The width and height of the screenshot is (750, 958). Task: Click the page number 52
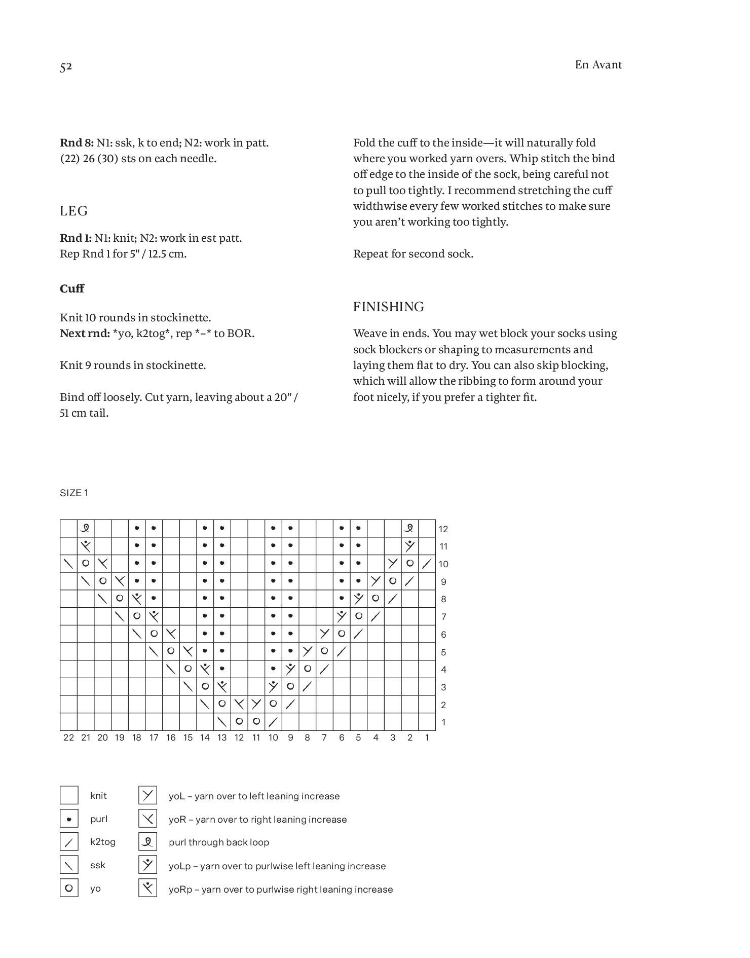[66, 67]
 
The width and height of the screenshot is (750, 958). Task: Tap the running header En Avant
[598, 65]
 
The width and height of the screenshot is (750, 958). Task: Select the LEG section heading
[74, 211]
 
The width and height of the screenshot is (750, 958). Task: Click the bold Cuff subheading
[72, 288]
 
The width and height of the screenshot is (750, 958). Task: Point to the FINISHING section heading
[388, 307]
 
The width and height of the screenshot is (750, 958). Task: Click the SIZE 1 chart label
[74, 493]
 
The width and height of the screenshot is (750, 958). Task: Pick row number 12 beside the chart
[443, 529]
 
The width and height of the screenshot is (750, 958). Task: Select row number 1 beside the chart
[443, 722]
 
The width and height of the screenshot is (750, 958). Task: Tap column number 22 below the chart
[69, 738]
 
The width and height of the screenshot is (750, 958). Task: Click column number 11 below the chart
[256, 738]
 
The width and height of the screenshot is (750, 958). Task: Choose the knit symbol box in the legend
[69, 795]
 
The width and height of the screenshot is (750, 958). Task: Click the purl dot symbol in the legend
[69, 819]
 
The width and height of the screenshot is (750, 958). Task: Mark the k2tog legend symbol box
[69, 842]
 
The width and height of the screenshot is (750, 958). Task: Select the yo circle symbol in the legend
[69, 888]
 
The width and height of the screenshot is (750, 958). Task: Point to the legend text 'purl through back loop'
[219, 842]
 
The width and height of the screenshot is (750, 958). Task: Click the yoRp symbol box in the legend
[147, 888]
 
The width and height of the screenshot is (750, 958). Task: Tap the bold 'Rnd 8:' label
[77, 142]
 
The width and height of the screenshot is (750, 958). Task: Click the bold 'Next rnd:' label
[84, 333]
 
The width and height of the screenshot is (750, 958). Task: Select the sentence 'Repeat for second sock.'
[413, 253]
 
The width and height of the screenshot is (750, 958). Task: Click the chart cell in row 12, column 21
[86, 528]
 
